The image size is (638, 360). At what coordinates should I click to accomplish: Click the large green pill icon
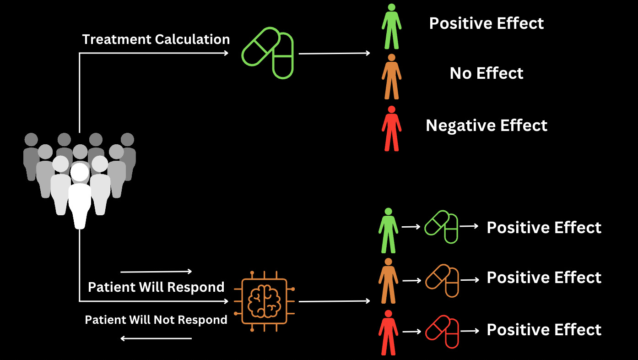(x=268, y=53)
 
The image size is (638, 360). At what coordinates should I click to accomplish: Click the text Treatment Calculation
(x=156, y=39)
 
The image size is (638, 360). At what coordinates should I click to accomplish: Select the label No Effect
(x=487, y=73)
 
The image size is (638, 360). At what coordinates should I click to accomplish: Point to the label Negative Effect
(x=487, y=125)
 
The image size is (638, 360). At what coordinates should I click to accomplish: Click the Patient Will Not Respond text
(x=156, y=320)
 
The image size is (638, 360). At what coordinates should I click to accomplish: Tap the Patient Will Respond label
(x=156, y=287)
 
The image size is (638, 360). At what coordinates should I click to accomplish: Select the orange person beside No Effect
(x=391, y=76)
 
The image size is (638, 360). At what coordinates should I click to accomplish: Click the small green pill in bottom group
(x=441, y=227)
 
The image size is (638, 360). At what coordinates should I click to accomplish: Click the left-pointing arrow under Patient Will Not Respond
(x=156, y=339)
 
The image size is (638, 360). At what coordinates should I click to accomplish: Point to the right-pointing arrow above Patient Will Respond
(x=156, y=272)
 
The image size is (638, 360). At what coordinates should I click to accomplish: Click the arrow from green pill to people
(x=334, y=53)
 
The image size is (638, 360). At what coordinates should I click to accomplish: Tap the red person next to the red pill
(x=389, y=332)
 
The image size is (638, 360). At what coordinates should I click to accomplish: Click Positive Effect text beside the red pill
(x=544, y=330)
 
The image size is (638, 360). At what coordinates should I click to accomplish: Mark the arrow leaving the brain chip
(x=334, y=301)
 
